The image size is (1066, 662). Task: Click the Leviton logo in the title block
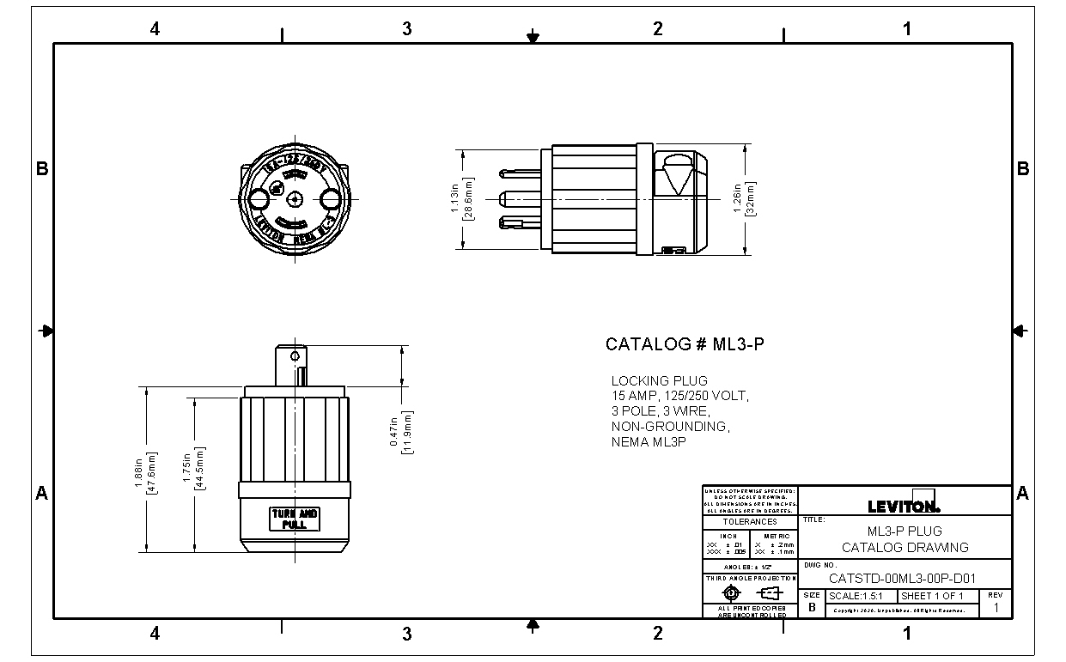905,505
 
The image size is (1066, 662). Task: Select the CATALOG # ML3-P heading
685,344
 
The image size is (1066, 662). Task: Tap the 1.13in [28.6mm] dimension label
461,199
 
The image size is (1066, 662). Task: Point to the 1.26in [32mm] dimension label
743,199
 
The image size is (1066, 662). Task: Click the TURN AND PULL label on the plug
295,519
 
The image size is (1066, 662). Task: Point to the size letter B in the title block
812,607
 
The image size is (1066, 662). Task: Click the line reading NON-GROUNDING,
670,427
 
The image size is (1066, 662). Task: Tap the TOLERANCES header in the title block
749,522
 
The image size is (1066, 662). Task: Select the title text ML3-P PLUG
905,531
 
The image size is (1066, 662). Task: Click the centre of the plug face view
295,199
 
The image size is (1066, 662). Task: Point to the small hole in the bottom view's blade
295,355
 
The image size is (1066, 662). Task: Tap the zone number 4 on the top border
155,28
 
